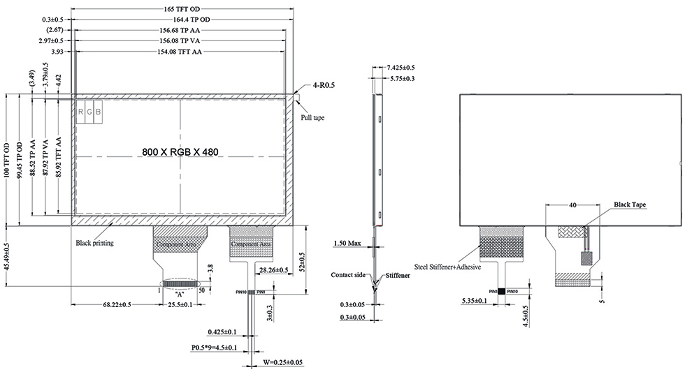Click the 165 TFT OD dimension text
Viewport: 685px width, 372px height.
coord(182,8)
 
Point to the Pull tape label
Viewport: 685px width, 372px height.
coord(312,118)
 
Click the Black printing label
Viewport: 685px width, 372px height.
coord(94,244)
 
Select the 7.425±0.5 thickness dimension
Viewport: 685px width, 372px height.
coord(401,68)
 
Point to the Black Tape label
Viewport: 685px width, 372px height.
coord(629,205)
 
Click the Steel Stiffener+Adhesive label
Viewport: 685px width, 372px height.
coord(449,267)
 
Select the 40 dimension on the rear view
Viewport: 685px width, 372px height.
coord(572,205)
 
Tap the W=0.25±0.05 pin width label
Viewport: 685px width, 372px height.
coord(287,362)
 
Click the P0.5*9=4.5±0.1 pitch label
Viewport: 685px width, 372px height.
coord(214,347)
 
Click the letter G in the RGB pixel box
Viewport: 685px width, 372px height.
coord(89,112)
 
